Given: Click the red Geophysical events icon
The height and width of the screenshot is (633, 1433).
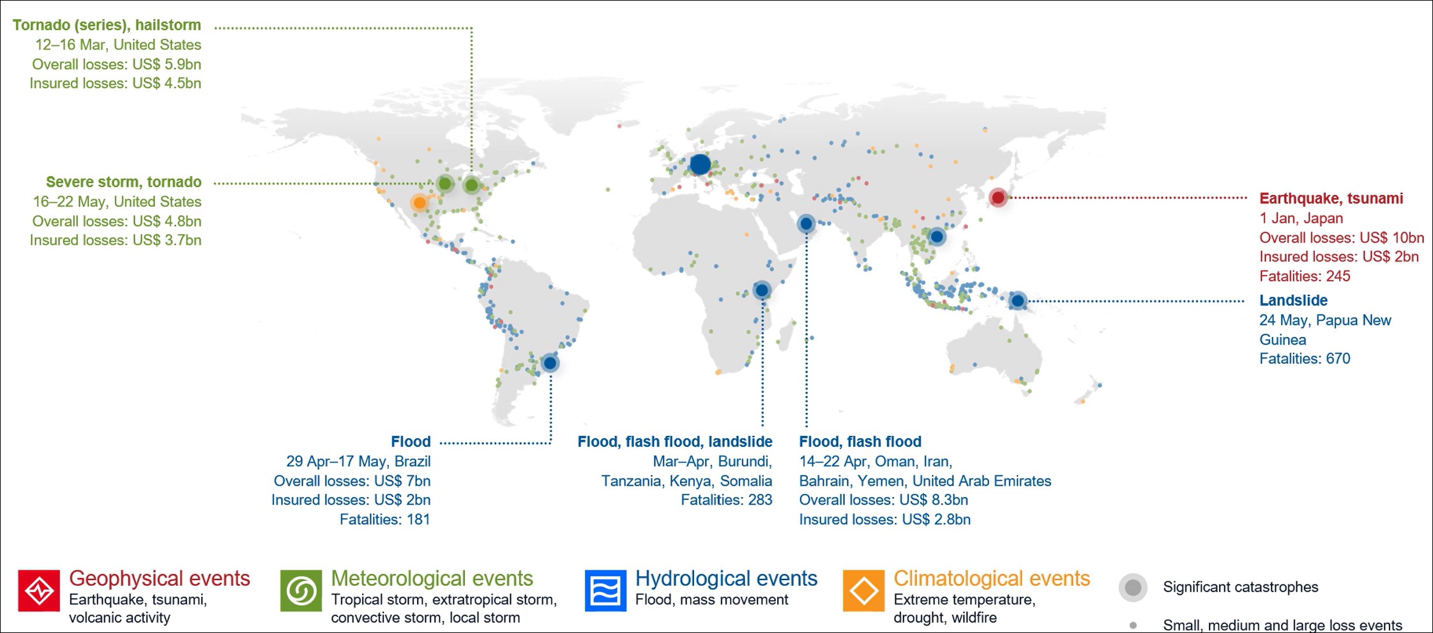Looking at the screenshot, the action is (x=39, y=590).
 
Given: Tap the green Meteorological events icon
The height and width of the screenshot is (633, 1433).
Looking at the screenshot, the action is (x=301, y=590).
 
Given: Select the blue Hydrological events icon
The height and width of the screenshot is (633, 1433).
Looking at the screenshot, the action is (x=605, y=590).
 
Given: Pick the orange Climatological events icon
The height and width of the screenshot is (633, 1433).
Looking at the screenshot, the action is (x=864, y=590).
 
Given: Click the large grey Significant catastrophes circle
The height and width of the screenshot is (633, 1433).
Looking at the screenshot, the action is (x=1133, y=587).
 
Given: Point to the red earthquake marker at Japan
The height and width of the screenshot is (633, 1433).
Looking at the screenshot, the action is (x=998, y=198).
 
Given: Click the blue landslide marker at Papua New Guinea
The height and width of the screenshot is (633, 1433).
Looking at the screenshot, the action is (x=1017, y=301).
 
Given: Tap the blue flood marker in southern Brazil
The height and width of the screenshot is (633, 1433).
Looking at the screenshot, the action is (x=550, y=363).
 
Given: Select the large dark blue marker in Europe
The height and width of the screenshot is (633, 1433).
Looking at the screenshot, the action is (x=700, y=164).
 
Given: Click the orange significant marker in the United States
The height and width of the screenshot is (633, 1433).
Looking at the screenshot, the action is (x=419, y=203).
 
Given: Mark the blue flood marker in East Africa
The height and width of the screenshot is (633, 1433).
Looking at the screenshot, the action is (x=761, y=290).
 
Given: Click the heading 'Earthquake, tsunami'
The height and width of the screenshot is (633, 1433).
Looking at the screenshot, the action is (x=1331, y=198).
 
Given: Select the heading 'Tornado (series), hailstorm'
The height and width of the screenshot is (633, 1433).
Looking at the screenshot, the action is (x=107, y=25).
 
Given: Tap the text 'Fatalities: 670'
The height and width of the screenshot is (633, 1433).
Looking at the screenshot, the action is (x=1305, y=359).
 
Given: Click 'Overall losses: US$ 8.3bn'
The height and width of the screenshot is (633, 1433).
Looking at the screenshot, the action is (x=883, y=500).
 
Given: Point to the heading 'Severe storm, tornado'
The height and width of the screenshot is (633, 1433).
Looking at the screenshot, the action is (x=124, y=182).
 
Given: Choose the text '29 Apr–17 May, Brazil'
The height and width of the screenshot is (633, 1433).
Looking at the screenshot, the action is (x=358, y=461).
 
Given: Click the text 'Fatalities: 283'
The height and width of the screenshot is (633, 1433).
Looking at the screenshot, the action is (x=726, y=500).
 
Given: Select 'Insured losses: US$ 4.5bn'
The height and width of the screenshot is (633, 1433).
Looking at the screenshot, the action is (x=116, y=83).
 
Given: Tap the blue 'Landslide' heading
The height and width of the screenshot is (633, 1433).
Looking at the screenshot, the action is (x=1293, y=301).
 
